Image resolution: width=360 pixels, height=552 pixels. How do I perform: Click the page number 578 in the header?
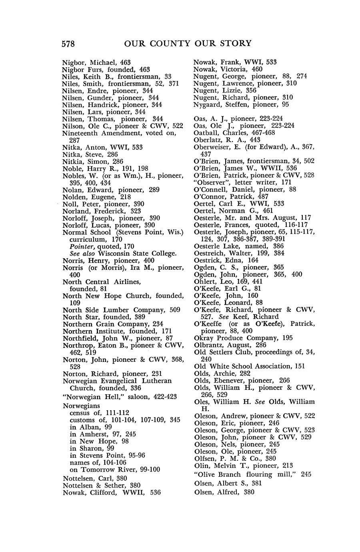[68, 44]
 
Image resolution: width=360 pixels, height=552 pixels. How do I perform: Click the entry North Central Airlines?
[102, 282]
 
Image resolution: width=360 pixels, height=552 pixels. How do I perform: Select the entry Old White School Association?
[244, 366]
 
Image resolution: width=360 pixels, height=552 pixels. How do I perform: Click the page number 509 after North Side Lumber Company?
[175, 310]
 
